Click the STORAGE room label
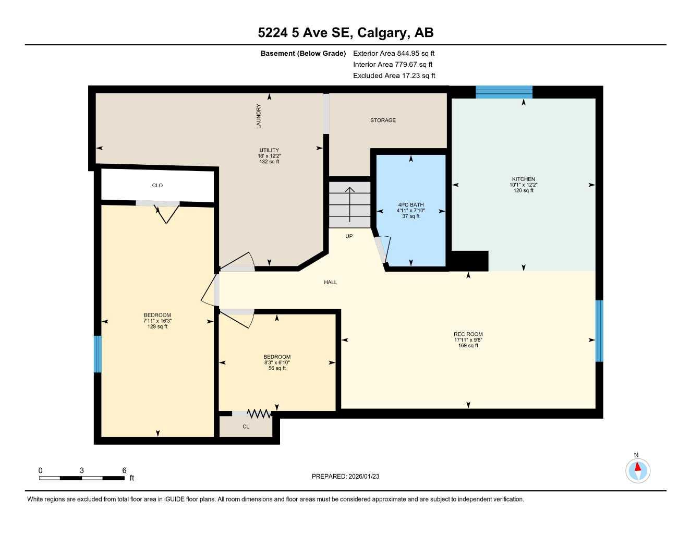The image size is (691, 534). point(383,120)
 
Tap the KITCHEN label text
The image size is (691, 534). point(523,179)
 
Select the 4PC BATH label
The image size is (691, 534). point(411,205)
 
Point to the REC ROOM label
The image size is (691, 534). point(468,334)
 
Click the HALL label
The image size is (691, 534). point(330,282)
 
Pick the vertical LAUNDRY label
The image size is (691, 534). point(259,116)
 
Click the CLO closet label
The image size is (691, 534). point(157,186)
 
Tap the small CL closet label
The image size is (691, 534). point(246,427)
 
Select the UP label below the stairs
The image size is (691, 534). point(349,236)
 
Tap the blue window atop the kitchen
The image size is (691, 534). point(504,92)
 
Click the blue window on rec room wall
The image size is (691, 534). point(599,331)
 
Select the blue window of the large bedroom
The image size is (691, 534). point(98,354)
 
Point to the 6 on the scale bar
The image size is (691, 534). point(124,470)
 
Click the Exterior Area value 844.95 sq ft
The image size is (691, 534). point(416,53)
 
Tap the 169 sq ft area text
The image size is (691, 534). point(468,346)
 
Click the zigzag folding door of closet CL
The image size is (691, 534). point(259,414)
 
